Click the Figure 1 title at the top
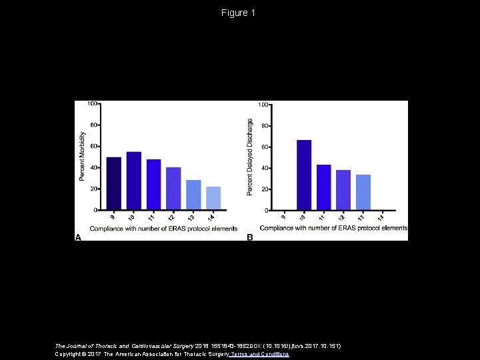pyautogui.click(x=239, y=13)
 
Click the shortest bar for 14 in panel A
pyautogui.click(x=213, y=198)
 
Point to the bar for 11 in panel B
pyautogui.click(x=324, y=187)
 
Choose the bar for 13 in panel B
pyautogui.click(x=363, y=193)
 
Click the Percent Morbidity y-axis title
pyautogui.click(x=83, y=155)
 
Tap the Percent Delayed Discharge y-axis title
pyautogui.click(x=251, y=157)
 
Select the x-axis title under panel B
pyautogui.click(x=333, y=228)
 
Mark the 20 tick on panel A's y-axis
pyautogui.click(x=94, y=189)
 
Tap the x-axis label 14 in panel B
pyautogui.click(x=381, y=217)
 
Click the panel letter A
pyautogui.click(x=78, y=237)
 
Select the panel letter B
pyautogui.click(x=250, y=237)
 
